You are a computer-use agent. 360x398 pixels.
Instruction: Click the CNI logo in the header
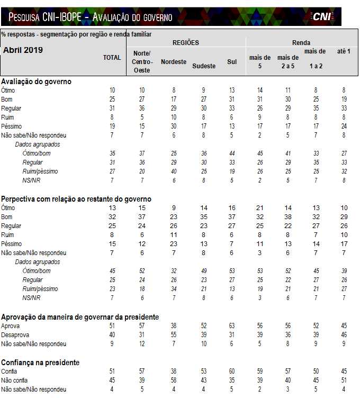click(321, 16)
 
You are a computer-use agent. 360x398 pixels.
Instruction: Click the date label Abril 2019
click(23, 50)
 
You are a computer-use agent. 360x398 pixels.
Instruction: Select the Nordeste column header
click(174, 62)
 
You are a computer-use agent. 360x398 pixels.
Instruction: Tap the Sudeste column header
click(204, 66)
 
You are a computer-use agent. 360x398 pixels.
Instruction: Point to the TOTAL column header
click(112, 58)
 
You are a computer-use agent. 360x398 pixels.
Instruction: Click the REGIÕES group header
click(186, 42)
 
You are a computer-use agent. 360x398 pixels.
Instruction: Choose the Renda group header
click(301, 42)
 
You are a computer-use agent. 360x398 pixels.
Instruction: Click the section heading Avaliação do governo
click(36, 82)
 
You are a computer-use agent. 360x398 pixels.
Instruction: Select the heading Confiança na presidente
click(40, 363)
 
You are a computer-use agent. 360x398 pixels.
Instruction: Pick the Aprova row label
click(11, 326)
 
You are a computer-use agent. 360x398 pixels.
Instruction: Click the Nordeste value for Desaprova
click(173, 335)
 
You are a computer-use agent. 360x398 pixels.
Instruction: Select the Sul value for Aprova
click(232, 326)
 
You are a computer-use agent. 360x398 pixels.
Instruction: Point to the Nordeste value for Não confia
click(173, 381)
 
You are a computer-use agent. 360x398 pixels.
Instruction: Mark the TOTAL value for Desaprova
click(112, 335)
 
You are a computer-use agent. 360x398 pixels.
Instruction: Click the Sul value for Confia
click(232, 372)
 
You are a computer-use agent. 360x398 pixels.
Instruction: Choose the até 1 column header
click(344, 51)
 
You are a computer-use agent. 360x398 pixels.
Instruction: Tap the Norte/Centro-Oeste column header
click(141, 62)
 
